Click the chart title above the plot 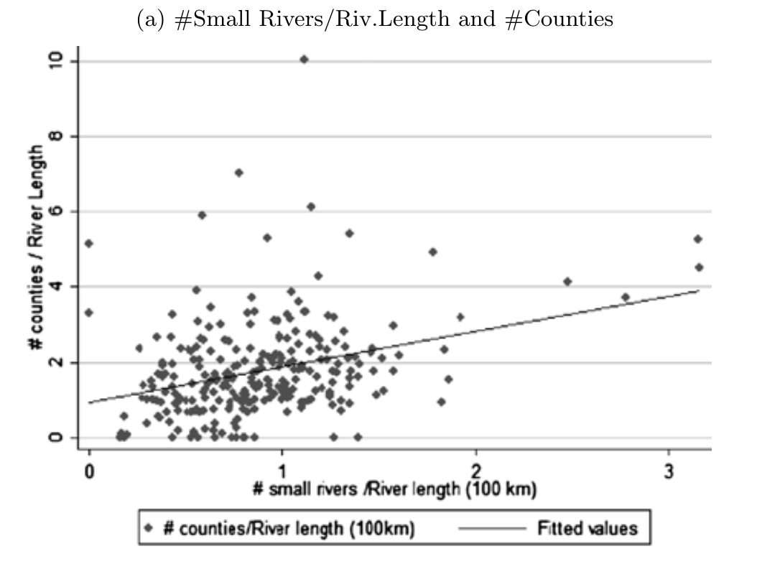tap(374, 19)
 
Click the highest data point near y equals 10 tap(304, 60)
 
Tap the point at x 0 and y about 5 tap(89, 244)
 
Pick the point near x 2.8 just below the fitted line tap(625, 297)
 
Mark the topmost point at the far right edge tap(697, 239)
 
